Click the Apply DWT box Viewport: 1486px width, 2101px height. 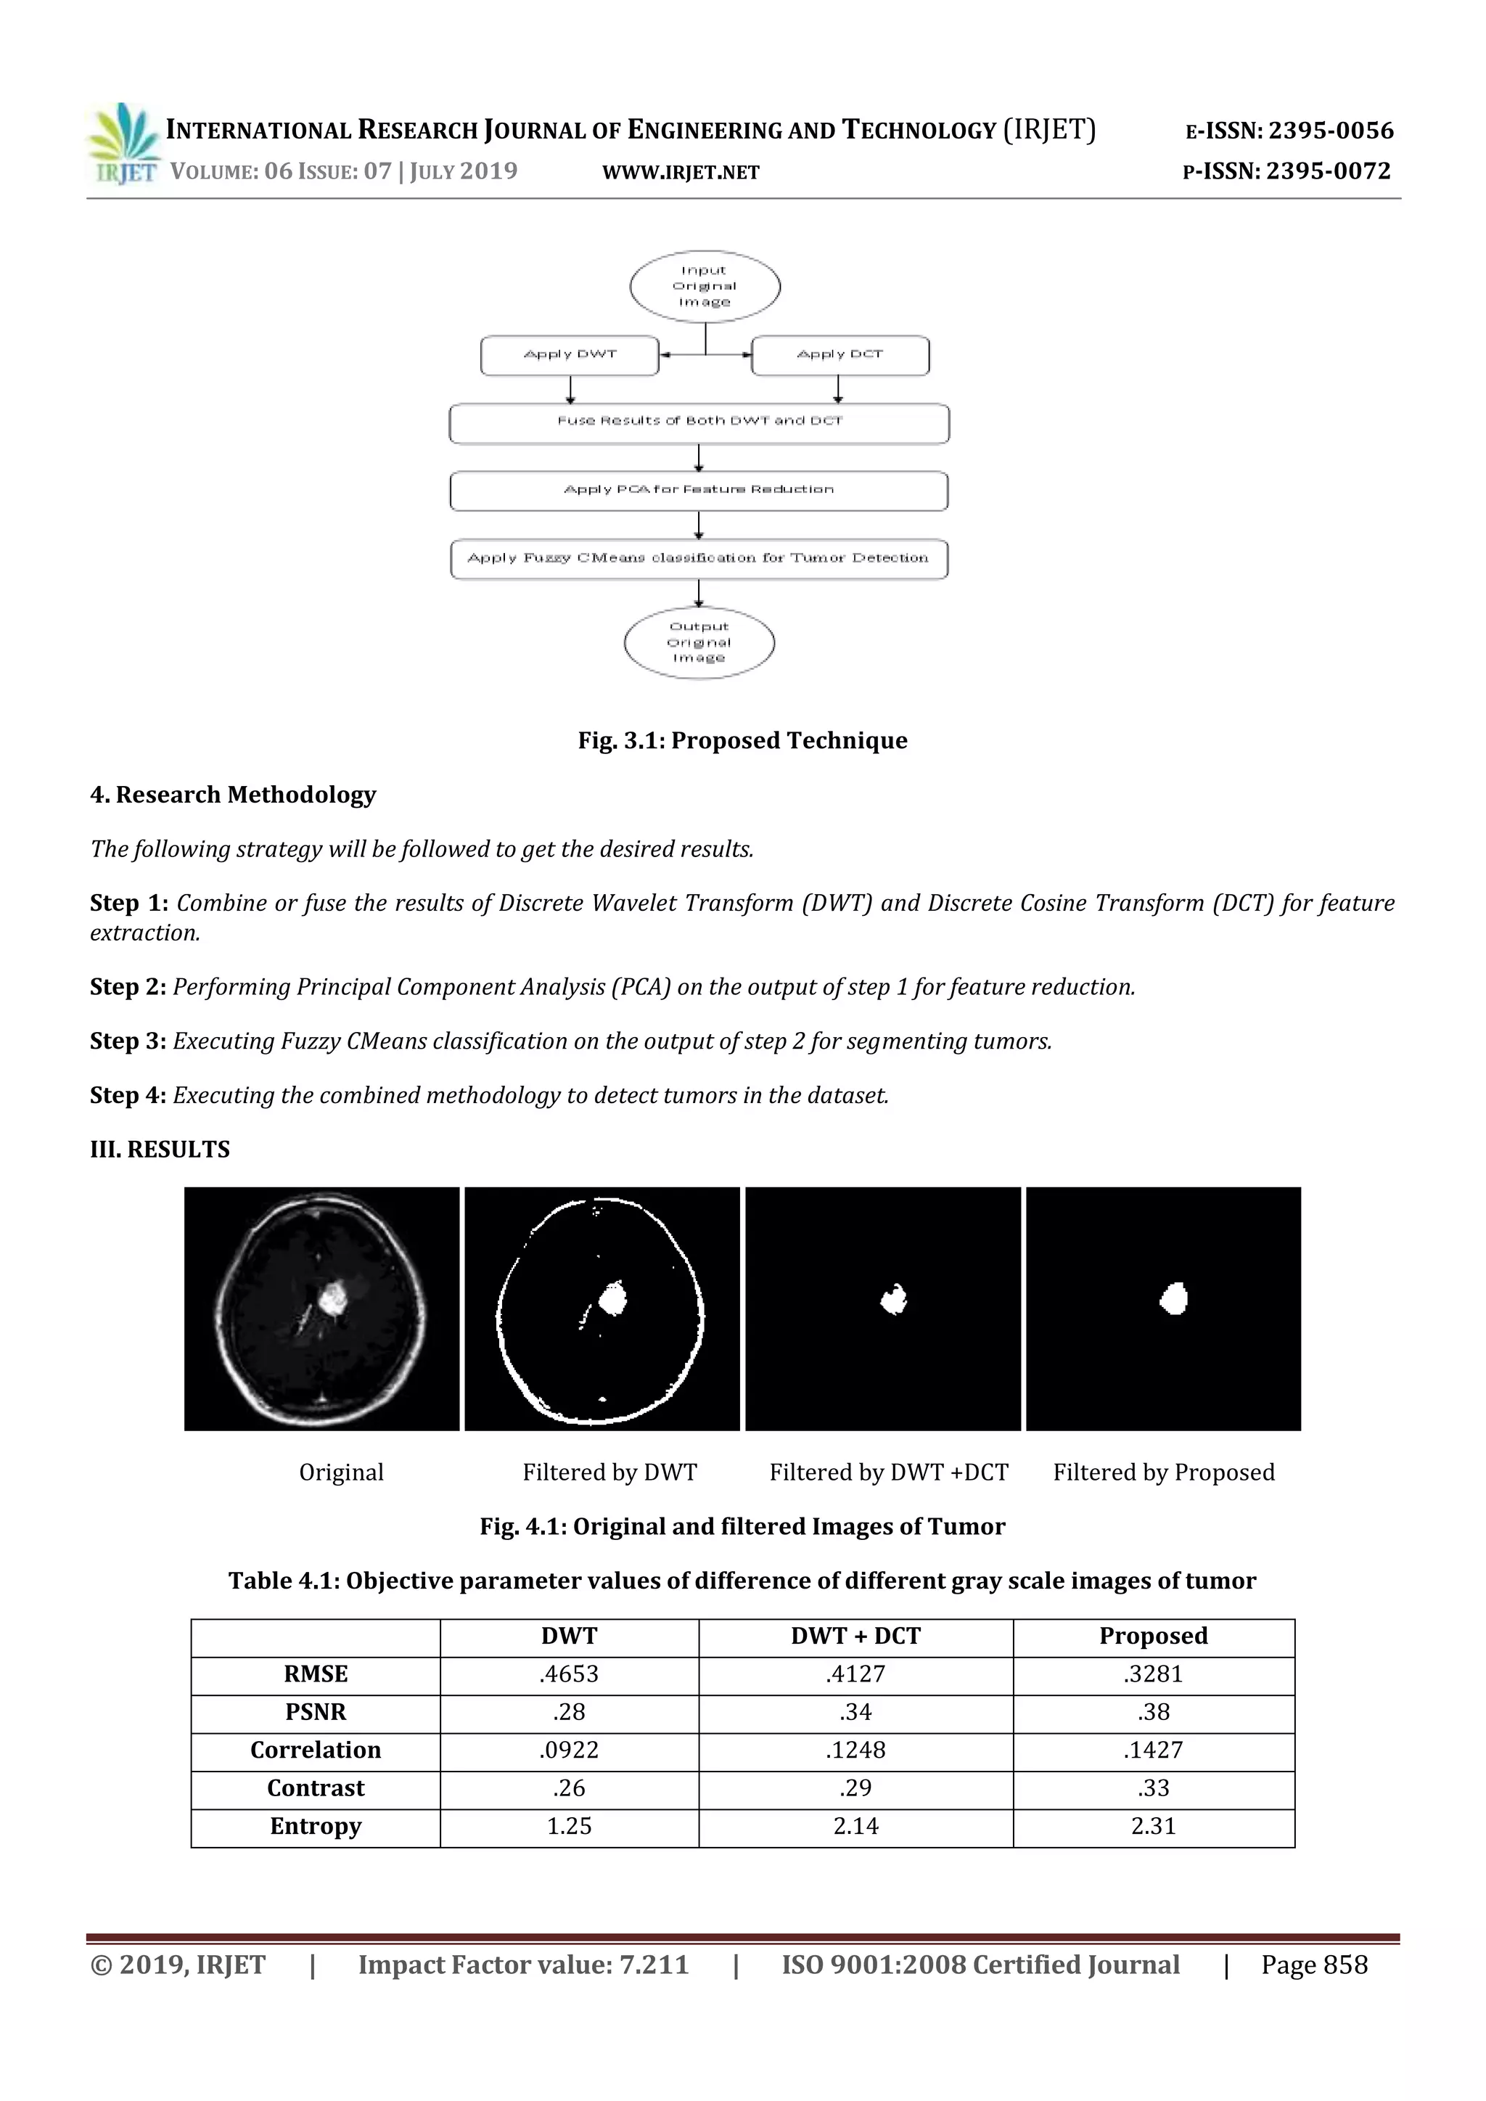tap(569, 355)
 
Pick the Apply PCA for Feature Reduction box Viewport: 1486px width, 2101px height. tap(698, 491)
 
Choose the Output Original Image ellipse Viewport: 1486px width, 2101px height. tap(699, 642)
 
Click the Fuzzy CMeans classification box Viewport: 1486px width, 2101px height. tap(698, 558)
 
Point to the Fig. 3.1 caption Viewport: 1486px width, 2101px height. tap(742, 740)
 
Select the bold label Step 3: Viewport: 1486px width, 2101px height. tap(127, 1041)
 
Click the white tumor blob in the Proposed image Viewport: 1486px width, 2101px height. tap(1174, 1298)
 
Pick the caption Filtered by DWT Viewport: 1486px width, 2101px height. tap(609, 1473)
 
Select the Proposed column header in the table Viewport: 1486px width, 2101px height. tap(1153, 1635)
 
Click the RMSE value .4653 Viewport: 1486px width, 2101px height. tap(568, 1674)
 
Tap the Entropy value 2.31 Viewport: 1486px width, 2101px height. tap(1153, 1825)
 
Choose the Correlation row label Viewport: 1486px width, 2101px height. tap(316, 1750)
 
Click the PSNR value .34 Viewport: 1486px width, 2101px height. tap(855, 1711)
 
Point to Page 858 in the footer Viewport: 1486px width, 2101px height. tap(1313, 1965)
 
